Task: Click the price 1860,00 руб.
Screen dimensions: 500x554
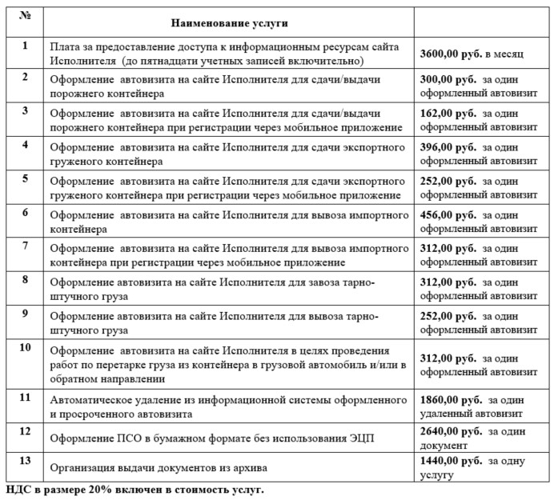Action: point(451,398)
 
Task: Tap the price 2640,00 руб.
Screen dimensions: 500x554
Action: point(451,430)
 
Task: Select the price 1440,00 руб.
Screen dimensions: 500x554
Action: point(451,461)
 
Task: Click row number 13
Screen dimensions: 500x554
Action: point(25,462)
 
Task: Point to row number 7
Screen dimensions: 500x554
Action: point(25,245)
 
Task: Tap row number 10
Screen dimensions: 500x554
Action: point(25,347)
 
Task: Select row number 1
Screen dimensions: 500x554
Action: point(25,45)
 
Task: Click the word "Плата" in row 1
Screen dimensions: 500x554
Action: point(64,48)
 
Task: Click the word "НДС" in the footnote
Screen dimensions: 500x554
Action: point(18,488)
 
